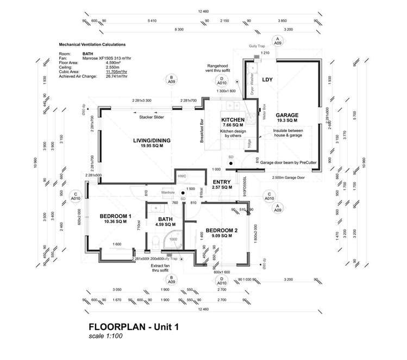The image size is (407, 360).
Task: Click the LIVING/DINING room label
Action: (152, 141)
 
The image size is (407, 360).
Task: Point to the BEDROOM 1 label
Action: (116, 216)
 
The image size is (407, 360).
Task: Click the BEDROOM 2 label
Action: (221, 230)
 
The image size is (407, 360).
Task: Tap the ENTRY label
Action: (222, 182)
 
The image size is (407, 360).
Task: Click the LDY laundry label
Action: (267, 80)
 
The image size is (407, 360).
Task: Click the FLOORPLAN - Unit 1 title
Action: (133, 327)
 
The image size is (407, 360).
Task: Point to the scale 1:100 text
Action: (107, 337)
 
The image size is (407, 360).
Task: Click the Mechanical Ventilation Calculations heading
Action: (92, 45)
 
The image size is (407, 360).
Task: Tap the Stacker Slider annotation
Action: (152, 117)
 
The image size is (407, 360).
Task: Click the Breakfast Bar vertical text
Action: (202, 130)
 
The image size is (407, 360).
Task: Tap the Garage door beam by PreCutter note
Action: (292, 162)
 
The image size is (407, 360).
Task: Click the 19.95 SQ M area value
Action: (152, 146)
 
